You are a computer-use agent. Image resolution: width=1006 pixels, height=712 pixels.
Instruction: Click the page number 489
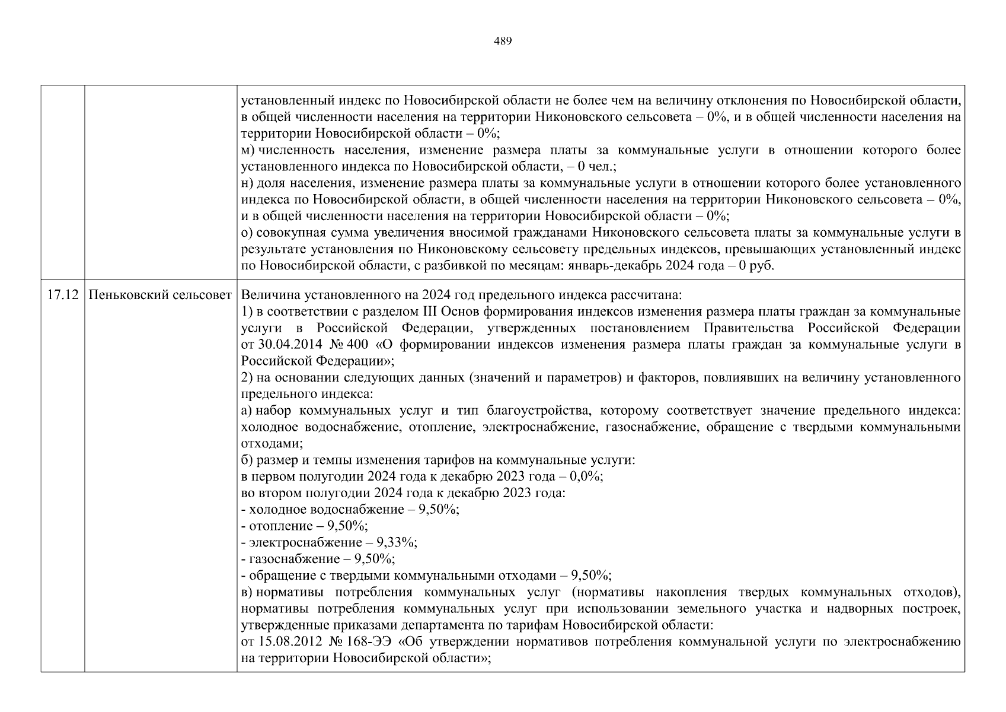(x=502, y=41)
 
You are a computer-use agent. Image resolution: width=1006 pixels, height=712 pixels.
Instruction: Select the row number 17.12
(x=62, y=295)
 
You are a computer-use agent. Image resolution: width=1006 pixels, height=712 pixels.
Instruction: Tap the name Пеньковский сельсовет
(x=160, y=295)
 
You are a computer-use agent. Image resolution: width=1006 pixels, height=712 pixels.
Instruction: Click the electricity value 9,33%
(x=400, y=542)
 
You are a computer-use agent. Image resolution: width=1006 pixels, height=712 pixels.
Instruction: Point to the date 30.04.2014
(x=282, y=345)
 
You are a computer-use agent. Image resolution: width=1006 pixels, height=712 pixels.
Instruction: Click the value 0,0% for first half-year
(x=586, y=476)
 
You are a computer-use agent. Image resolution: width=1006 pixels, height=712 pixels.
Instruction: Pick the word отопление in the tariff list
(x=273, y=526)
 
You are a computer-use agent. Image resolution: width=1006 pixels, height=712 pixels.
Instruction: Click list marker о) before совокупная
(x=247, y=233)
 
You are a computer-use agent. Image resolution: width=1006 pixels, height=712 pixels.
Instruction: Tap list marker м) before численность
(x=248, y=150)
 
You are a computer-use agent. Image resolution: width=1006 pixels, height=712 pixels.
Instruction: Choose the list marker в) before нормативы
(x=247, y=592)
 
